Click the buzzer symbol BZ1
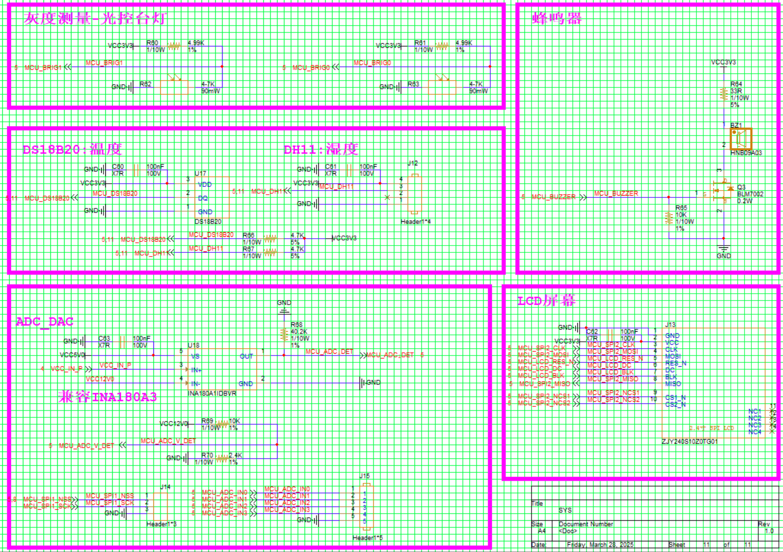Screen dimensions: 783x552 click(741, 138)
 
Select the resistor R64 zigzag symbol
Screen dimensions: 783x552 click(723, 94)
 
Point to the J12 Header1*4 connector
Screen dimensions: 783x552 click(415, 194)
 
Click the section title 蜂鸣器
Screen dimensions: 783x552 click(556, 19)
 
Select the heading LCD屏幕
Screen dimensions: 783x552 click(546, 301)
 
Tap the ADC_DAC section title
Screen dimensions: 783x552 click(44, 322)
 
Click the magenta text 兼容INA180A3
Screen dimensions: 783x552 click(108, 397)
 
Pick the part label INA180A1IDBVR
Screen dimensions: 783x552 click(212, 394)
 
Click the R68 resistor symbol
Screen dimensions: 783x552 click(284, 335)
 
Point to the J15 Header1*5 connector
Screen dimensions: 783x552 click(366, 506)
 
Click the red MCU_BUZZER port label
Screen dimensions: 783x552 click(553, 197)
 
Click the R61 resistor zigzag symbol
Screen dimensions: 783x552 click(442, 46)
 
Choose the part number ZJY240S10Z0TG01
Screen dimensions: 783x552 click(690, 442)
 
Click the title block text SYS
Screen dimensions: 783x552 click(565, 510)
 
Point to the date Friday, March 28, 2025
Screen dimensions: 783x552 click(600, 545)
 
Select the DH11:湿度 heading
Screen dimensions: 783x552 click(321, 149)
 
